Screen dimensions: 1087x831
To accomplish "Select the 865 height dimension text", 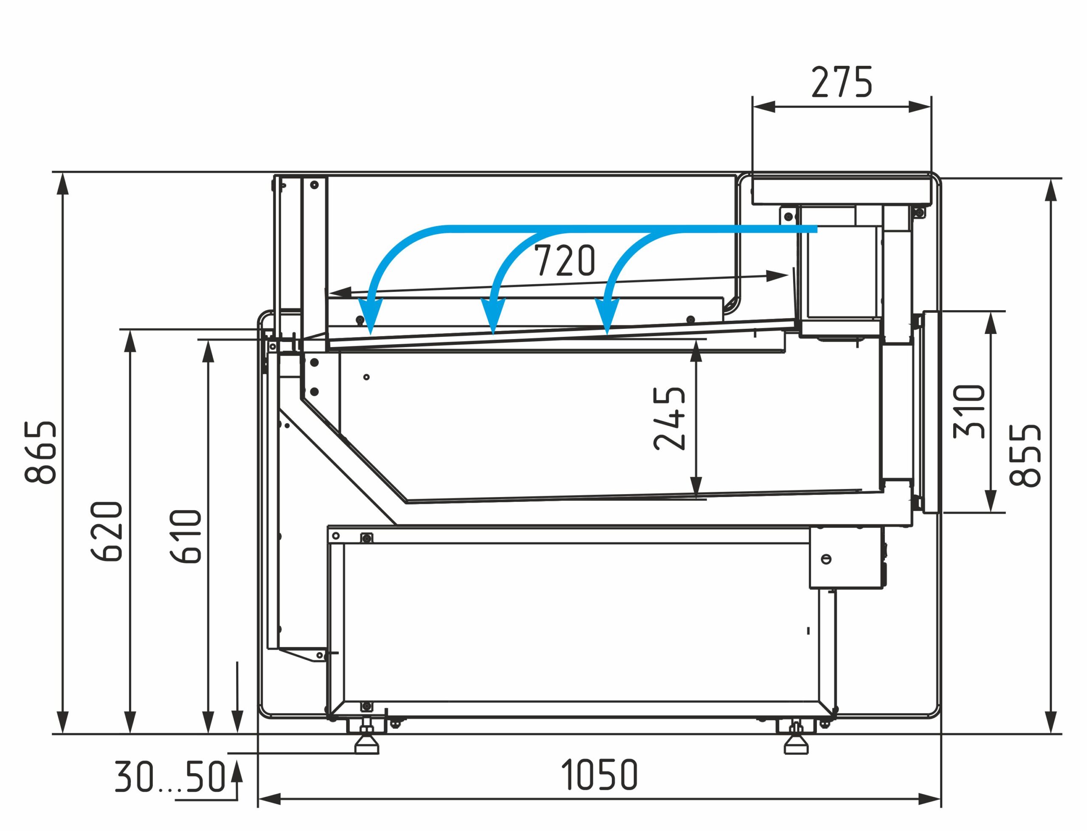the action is (x=40, y=452).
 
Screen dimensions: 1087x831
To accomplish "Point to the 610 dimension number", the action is (x=186, y=536).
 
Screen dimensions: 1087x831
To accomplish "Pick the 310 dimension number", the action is (x=969, y=412).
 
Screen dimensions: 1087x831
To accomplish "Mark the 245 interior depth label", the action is (x=669, y=418).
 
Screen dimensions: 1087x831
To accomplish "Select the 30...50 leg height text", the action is (x=170, y=777).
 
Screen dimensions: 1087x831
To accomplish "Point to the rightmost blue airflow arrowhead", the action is (x=608, y=316).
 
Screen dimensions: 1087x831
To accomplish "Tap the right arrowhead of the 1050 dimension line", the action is (x=929, y=799).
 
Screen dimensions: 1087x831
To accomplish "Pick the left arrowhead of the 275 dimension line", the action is (x=764, y=106).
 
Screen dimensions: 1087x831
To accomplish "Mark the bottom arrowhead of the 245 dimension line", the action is (x=696, y=486).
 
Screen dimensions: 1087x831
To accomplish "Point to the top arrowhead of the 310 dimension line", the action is (x=990, y=323).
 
